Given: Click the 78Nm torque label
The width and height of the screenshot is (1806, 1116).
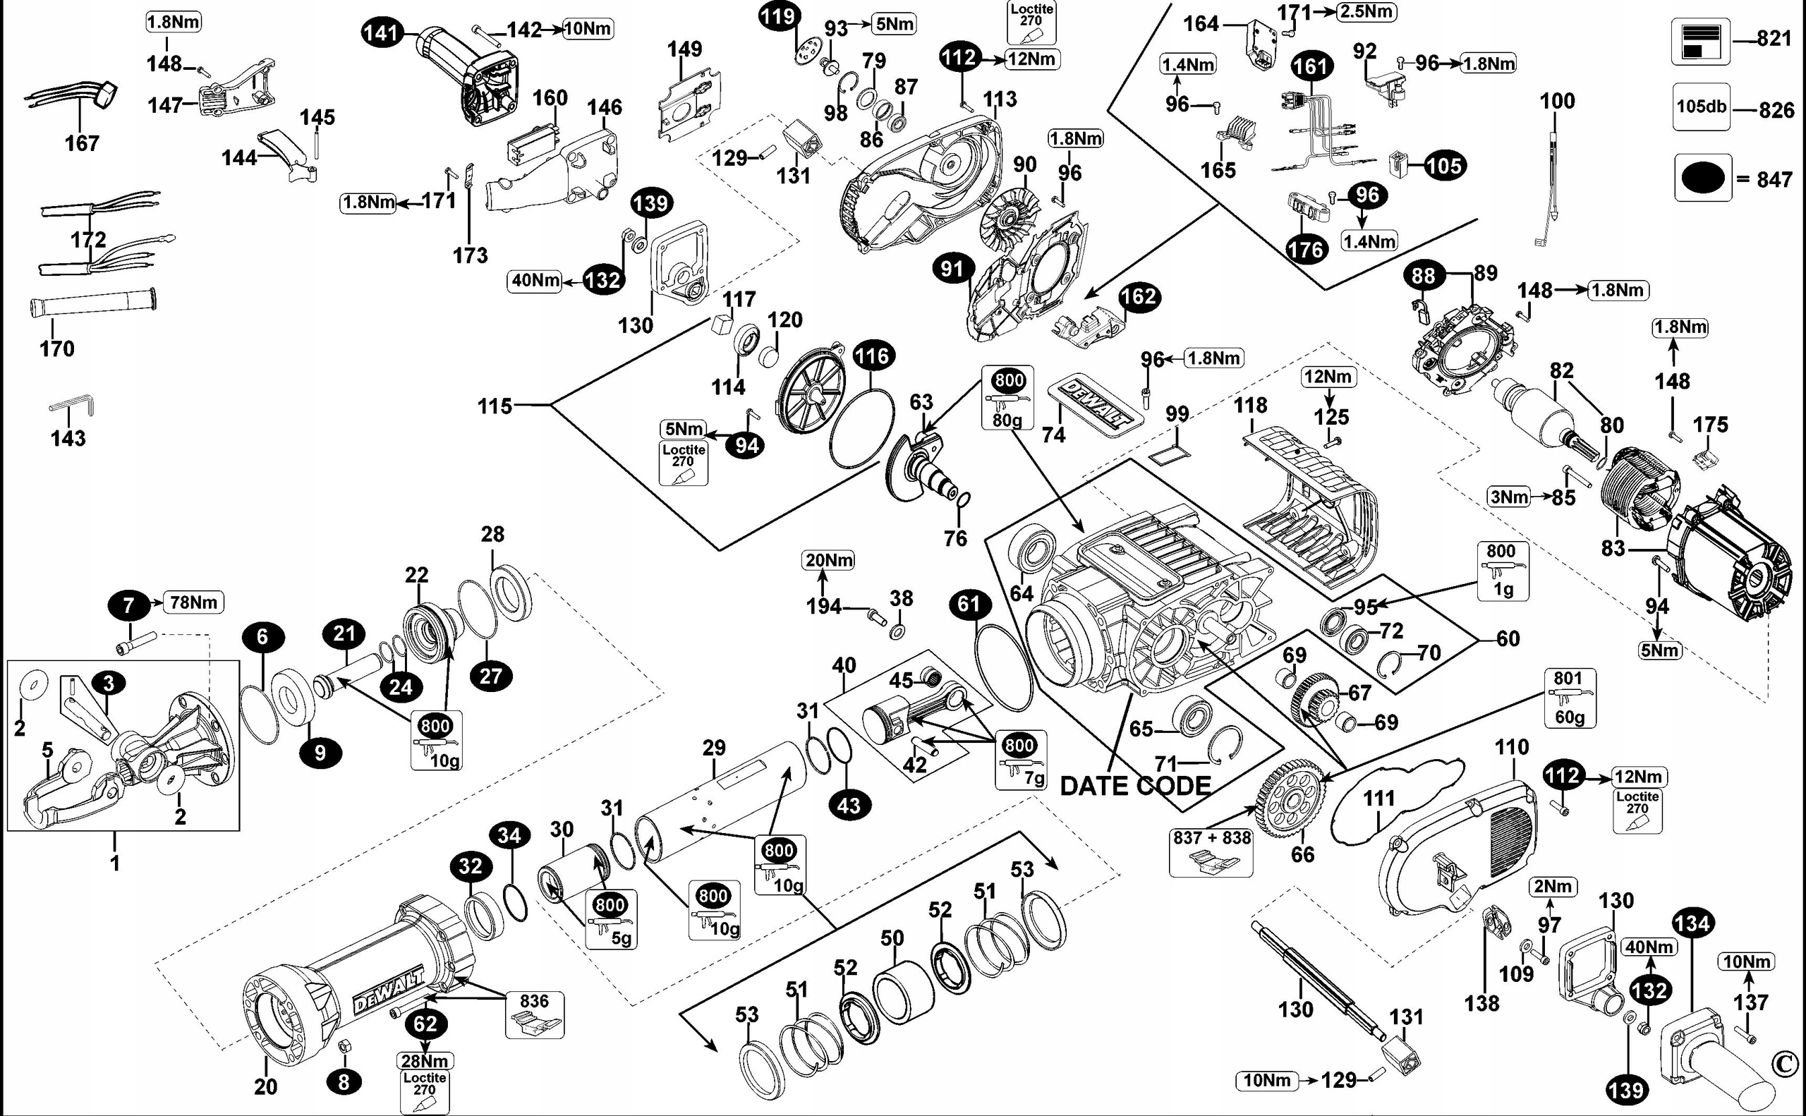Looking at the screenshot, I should coord(193,602).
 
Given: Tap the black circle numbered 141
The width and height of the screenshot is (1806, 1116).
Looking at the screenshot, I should coord(382,32).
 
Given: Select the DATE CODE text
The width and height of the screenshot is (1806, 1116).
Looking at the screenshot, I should coord(1135,786).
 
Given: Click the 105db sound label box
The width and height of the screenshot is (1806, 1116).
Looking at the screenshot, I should coord(1701,107).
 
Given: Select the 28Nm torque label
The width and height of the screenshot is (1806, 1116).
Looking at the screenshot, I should coord(425,1061).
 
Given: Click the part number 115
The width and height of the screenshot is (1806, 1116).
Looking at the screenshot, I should coord(495,406).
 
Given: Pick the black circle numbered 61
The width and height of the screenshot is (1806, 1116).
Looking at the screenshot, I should coord(969,605).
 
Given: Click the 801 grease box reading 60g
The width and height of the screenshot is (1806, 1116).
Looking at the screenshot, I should coord(1568,698).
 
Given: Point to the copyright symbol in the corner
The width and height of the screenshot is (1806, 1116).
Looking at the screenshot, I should coord(1786,1064).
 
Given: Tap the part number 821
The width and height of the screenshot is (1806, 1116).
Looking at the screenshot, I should coord(1774,38).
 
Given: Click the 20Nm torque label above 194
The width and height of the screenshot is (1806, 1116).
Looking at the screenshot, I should coord(829,560).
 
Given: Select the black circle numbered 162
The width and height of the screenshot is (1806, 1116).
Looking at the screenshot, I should coord(1139,297).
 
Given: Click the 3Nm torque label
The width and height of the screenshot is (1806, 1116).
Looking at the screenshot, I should coord(1508,497).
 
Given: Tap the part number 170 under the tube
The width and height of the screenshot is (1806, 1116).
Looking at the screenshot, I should coord(57,348).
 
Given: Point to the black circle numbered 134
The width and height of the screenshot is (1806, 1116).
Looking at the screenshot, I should coord(1692,923).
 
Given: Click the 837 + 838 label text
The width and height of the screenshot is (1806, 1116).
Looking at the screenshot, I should coord(1212,838).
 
